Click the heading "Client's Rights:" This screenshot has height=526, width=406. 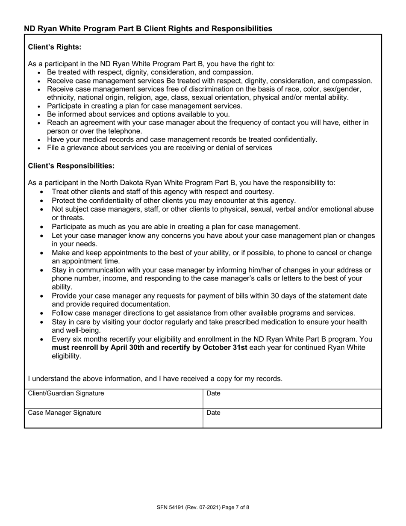54,47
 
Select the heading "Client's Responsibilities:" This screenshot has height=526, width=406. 71,165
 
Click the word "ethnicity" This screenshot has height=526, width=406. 61,98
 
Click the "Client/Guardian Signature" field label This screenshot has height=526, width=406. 66,393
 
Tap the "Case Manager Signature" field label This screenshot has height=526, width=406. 65,413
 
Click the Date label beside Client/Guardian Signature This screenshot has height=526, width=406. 213,393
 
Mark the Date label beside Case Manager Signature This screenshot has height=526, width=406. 213,413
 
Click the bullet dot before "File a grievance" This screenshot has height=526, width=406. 39,148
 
